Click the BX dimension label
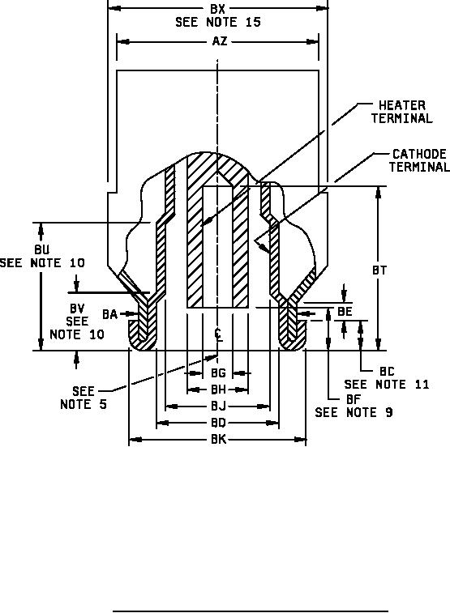pyautogui.click(x=217, y=9)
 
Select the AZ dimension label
pyautogui.click(x=220, y=41)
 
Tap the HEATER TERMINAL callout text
pyautogui.click(x=402, y=112)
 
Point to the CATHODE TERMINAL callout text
pyautogui.click(x=419, y=160)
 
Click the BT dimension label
pyautogui.click(x=379, y=270)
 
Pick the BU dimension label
pyautogui.click(x=42, y=249)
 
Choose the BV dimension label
pyautogui.click(x=77, y=309)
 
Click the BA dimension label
pyautogui.click(x=109, y=314)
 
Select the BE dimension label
pyautogui.click(x=345, y=312)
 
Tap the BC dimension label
pyautogui.click(x=387, y=372)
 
